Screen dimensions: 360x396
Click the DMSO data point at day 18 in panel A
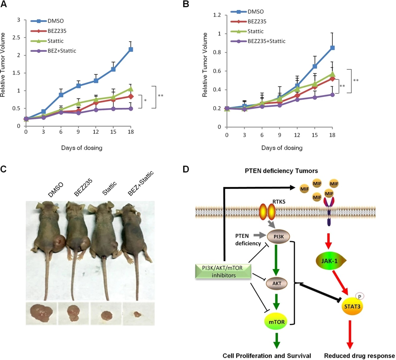click(131, 49)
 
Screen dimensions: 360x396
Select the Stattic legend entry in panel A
click(55, 41)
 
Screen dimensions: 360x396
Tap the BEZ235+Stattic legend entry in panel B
click(266, 41)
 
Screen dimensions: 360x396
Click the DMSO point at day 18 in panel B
click(332, 48)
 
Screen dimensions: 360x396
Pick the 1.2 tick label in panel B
click(217, 15)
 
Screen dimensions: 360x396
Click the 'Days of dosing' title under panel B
click(282, 148)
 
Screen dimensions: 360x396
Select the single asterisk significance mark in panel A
click(145, 101)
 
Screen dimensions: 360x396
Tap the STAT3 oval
click(352, 306)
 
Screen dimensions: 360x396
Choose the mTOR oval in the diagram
click(276, 322)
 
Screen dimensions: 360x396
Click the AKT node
click(277, 283)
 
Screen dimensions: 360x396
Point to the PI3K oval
click(279, 237)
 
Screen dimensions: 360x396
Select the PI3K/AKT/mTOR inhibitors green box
click(223, 271)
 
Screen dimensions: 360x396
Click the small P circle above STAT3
click(359, 297)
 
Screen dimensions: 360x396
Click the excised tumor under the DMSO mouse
click(42, 313)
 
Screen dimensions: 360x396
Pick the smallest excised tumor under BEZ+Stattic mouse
click(137, 314)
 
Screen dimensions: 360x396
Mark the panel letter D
click(186, 170)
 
